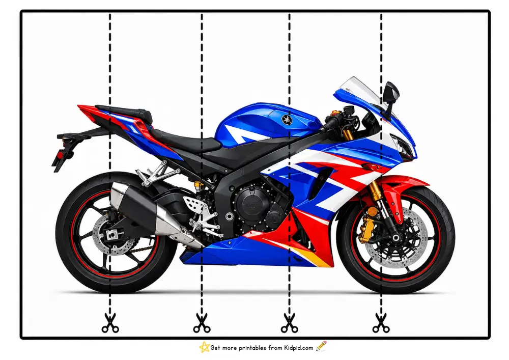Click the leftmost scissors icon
click(x=110, y=323)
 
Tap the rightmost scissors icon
click(x=381, y=323)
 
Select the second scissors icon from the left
click(x=202, y=323)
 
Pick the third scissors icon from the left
click(x=289, y=323)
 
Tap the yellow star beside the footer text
click(x=204, y=347)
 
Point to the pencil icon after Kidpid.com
click(x=321, y=346)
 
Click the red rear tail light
click(x=60, y=155)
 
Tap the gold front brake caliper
click(x=366, y=230)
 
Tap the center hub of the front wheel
click(x=395, y=238)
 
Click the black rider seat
click(x=185, y=141)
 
